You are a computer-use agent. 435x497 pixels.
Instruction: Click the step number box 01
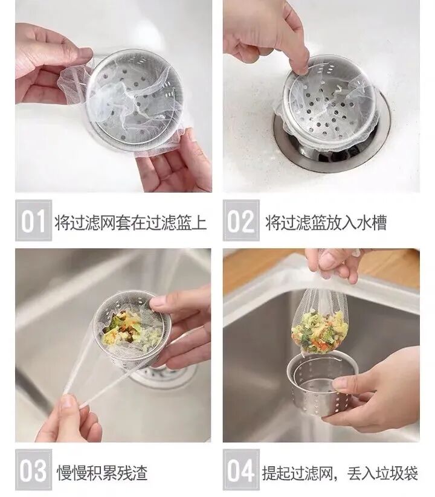34,220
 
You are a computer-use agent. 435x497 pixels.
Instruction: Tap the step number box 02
241,220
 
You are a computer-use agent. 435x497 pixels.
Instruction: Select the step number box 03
34,470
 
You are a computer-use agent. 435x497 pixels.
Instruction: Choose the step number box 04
241,470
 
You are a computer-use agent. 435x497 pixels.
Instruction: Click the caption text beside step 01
130,222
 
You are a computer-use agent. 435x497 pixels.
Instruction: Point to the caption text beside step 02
326,222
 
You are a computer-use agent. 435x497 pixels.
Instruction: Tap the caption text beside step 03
102,472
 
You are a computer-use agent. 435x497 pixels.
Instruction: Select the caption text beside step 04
340,473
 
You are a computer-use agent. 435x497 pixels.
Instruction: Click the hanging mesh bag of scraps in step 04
320,323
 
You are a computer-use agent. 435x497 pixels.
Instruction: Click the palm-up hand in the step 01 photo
175,162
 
